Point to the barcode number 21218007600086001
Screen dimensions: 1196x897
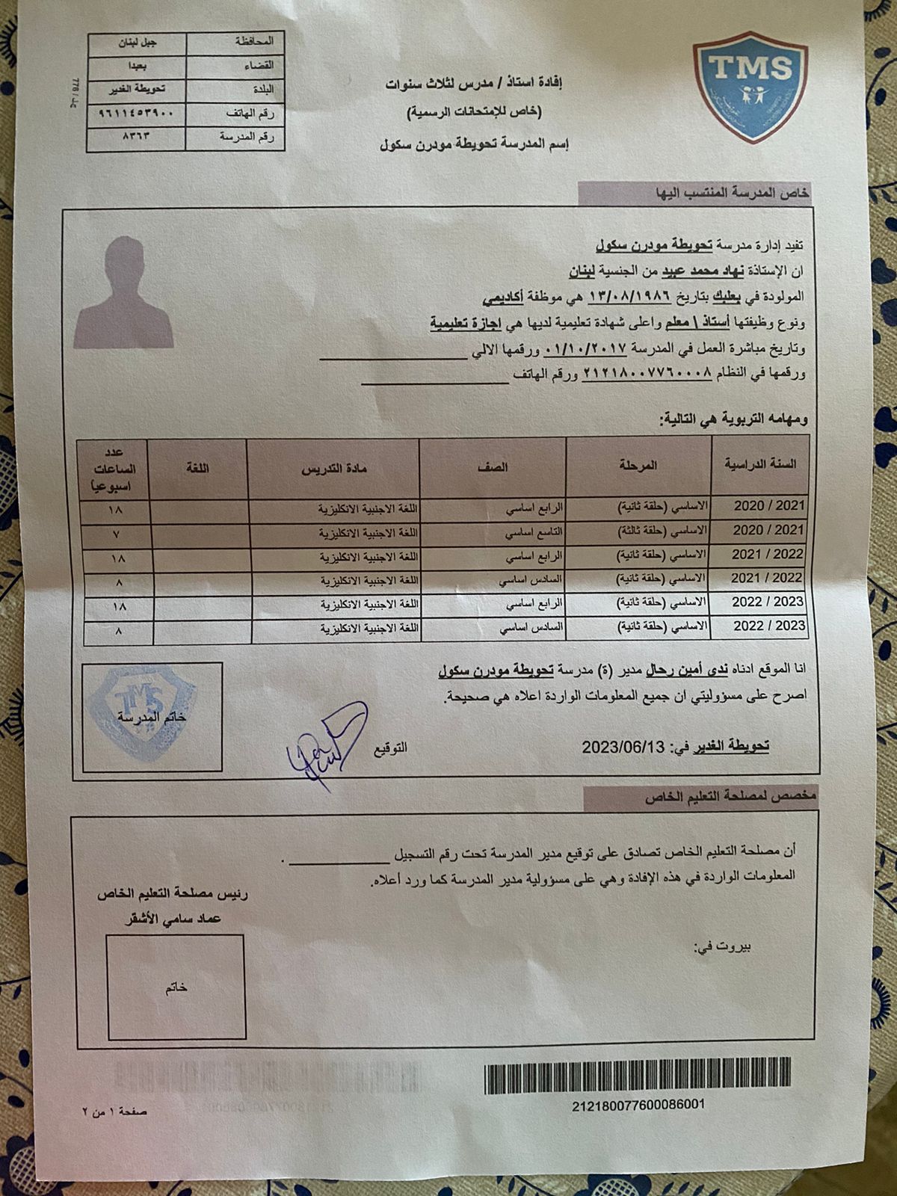coord(638,1105)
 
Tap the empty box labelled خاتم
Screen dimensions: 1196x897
coord(176,987)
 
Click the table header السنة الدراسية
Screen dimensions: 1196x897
coord(760,464)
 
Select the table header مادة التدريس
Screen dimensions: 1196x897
coord(333,469)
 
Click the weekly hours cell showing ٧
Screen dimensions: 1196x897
coord(117,535)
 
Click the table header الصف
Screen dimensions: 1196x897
coord(493,467)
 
